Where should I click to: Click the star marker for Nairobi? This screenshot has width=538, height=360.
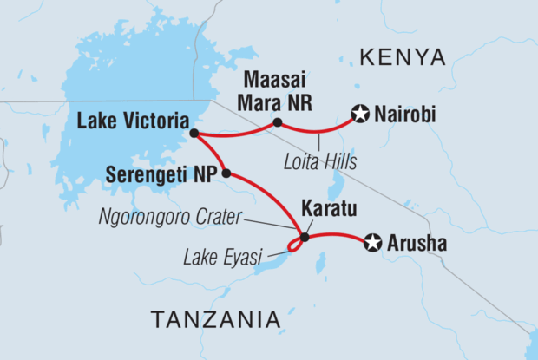[361, 113]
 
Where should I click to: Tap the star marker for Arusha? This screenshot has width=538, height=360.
[373, 244]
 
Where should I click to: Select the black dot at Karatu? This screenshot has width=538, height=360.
[305, 237]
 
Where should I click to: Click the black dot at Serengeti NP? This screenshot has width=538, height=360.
[226, 173]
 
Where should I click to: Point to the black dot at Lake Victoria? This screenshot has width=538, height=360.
[194, 134]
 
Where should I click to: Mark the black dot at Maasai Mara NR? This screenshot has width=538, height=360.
[277, 122]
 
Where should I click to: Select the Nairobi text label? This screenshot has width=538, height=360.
[405, 115]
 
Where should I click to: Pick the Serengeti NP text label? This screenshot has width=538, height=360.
[161, 173]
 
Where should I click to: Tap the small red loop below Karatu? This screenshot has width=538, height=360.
[294, 247]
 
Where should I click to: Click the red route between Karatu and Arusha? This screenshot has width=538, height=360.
[338, 235]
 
